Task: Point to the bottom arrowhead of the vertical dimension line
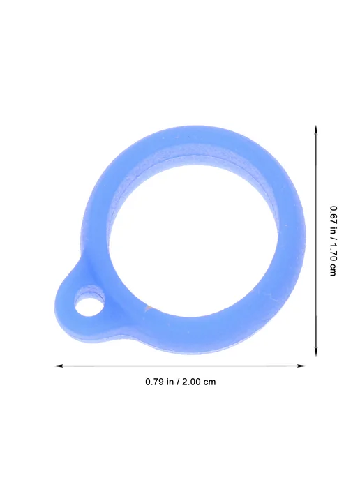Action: pos(316,352)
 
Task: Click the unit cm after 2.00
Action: pos(210,382)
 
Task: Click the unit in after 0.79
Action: pos(170,382)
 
